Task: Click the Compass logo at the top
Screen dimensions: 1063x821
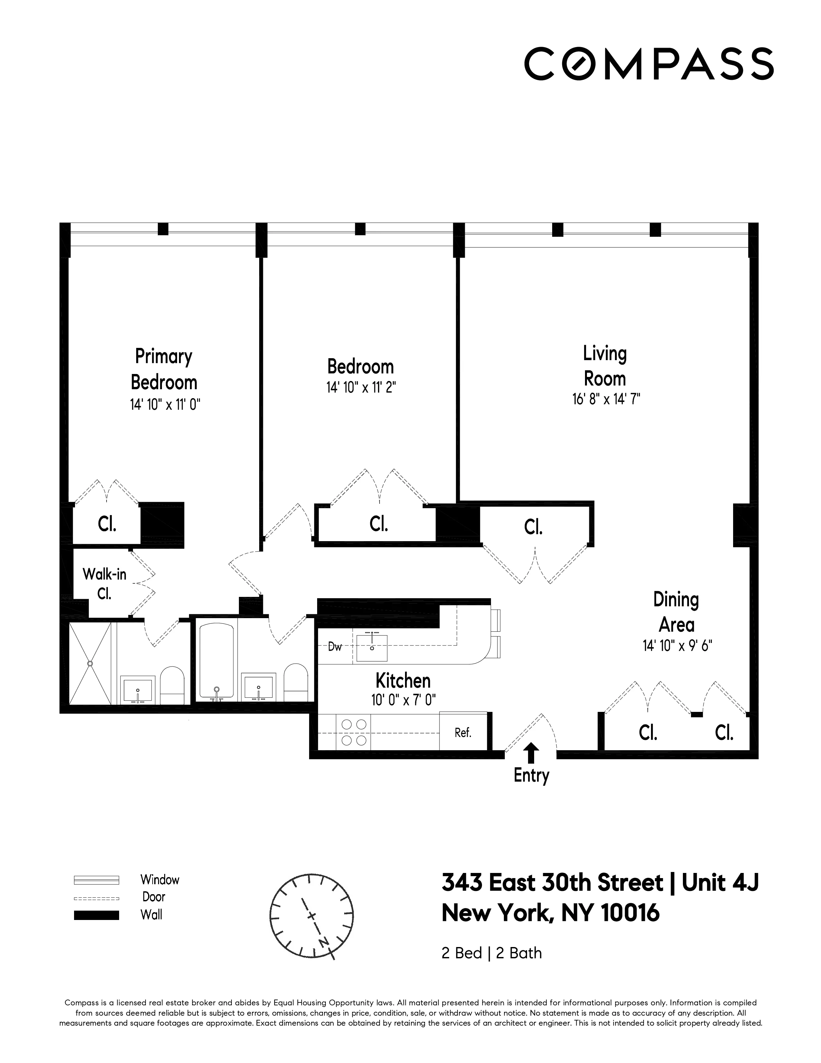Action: click(648, 64)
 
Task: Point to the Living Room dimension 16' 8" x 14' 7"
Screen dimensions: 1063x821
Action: click(606, 399)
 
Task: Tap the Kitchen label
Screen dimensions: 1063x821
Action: click(403, 680)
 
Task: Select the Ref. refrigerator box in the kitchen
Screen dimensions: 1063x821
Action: click(463, 733)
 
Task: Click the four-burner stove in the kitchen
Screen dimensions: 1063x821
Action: click(354, 733)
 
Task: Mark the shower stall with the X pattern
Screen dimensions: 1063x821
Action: click(90, 663)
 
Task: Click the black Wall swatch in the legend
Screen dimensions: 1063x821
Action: click(96, 915)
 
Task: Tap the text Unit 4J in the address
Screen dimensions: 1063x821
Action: click(720, 882)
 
